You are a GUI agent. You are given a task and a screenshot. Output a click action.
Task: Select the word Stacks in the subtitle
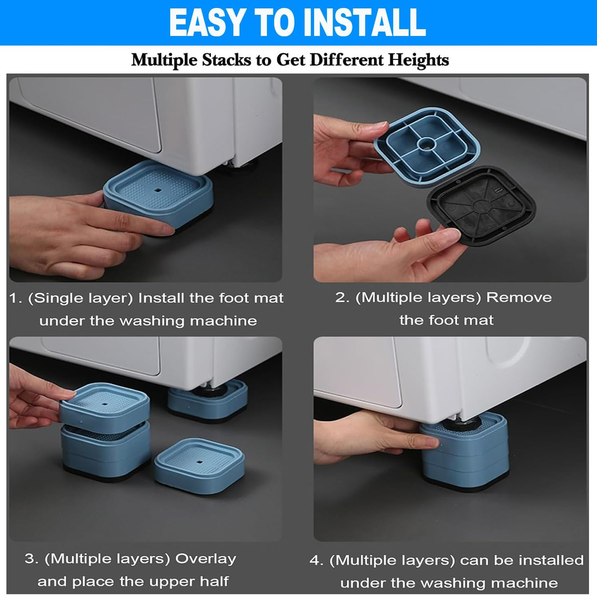coord(227,60)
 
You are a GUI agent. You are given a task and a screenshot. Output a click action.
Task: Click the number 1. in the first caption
coord(16,298)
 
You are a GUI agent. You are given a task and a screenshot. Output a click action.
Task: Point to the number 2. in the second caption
coord(343,297)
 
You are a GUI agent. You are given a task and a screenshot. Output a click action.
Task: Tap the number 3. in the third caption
coord(32,559)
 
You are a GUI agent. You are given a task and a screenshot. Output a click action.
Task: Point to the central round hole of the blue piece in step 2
coord(427,143)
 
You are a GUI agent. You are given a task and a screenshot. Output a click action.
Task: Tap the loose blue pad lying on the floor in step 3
coord(199,467)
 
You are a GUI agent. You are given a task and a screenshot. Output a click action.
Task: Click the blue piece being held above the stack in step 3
coord(105,406)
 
